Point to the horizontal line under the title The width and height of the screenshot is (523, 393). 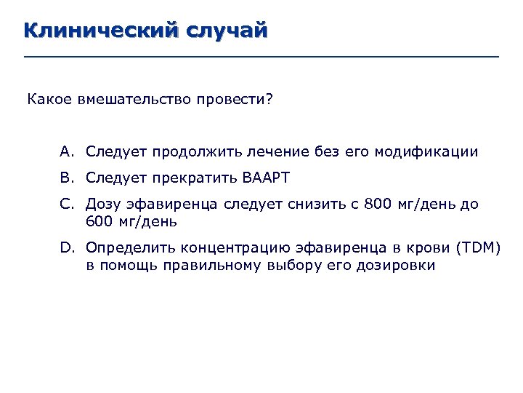tap(261, 57)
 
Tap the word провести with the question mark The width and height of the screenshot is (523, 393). tap(233, 98)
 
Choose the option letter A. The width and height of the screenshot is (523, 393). tap(67, 152)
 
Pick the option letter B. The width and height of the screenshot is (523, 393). tap(67, 177)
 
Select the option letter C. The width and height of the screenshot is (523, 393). tap(67, 205)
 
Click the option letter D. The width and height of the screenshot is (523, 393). tap(67, 248)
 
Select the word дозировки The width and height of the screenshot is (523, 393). tap(396, 266)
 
